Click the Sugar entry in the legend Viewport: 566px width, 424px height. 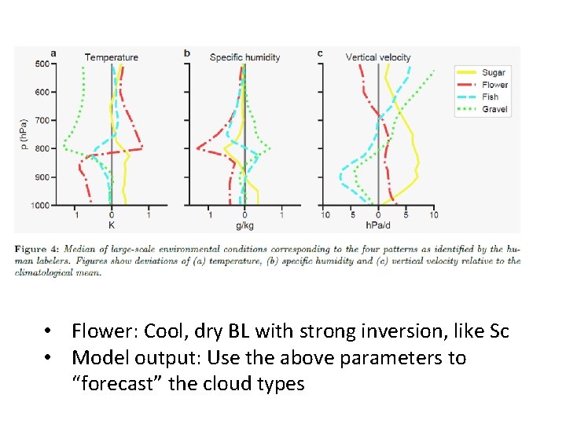point(493,72)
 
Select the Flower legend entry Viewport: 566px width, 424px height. point(494,85)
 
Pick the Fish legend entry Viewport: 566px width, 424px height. point(490,97)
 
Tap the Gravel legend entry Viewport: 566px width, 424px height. point(494,110)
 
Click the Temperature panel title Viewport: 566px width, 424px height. point(111,57)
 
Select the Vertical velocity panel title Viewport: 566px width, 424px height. point(377,57)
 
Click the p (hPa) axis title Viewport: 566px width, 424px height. point(25,134)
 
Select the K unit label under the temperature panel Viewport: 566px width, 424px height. point(111,225)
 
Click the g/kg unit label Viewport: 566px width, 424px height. point(244,225)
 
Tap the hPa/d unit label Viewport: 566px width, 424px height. point(378,225)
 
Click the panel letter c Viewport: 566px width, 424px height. point(320,53)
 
